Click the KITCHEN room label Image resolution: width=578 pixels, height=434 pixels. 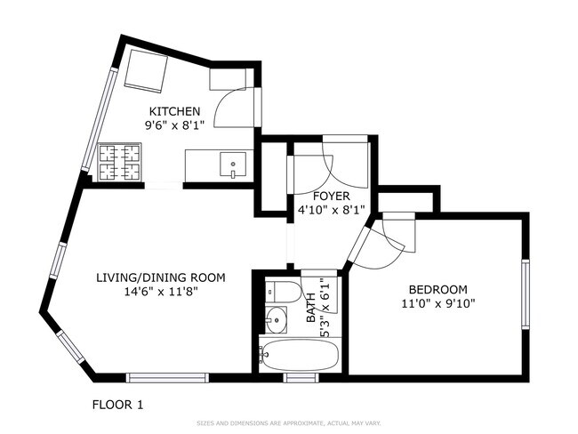coord(174,111)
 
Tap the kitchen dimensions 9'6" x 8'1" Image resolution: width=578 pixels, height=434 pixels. coord(174,125)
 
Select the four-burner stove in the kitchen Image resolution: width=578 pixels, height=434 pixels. coord(119,162)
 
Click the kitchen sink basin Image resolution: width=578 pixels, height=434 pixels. coord(233,165)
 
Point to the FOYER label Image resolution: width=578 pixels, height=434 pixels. coord(331,196)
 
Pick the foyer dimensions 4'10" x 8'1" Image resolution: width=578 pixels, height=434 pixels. coord(331,210)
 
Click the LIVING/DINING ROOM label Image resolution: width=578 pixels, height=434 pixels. coord(161,277)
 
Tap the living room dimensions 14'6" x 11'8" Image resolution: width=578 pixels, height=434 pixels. coord(162,292)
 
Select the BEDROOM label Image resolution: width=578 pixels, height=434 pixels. coord(438,289)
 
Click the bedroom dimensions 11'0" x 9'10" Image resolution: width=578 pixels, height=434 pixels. coord(438,303)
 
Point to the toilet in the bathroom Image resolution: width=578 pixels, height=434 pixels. coord(283,292)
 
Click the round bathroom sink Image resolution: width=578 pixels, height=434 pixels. coord(276,319)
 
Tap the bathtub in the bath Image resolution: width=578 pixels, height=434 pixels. coord(299,353)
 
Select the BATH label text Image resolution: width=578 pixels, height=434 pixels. coord(311,308)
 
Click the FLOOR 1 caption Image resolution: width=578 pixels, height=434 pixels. coord(117,405)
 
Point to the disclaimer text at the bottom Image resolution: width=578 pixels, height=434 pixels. coord(289,423)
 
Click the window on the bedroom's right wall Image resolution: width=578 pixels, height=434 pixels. coord(526,293)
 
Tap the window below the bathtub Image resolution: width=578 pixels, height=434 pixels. coord(301,378)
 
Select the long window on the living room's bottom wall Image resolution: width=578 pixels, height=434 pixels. coord(167,378)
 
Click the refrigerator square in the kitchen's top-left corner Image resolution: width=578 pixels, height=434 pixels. coord(147,71)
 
